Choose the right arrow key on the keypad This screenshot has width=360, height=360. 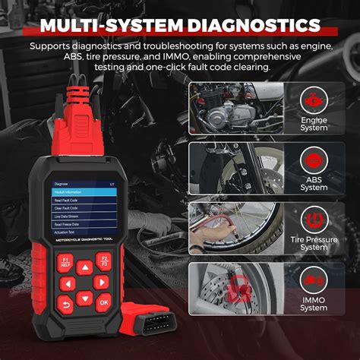point(101,283)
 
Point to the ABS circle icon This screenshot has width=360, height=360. point(313,160)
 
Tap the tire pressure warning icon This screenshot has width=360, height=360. point(313,221)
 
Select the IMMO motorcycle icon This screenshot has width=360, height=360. point(313,281)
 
